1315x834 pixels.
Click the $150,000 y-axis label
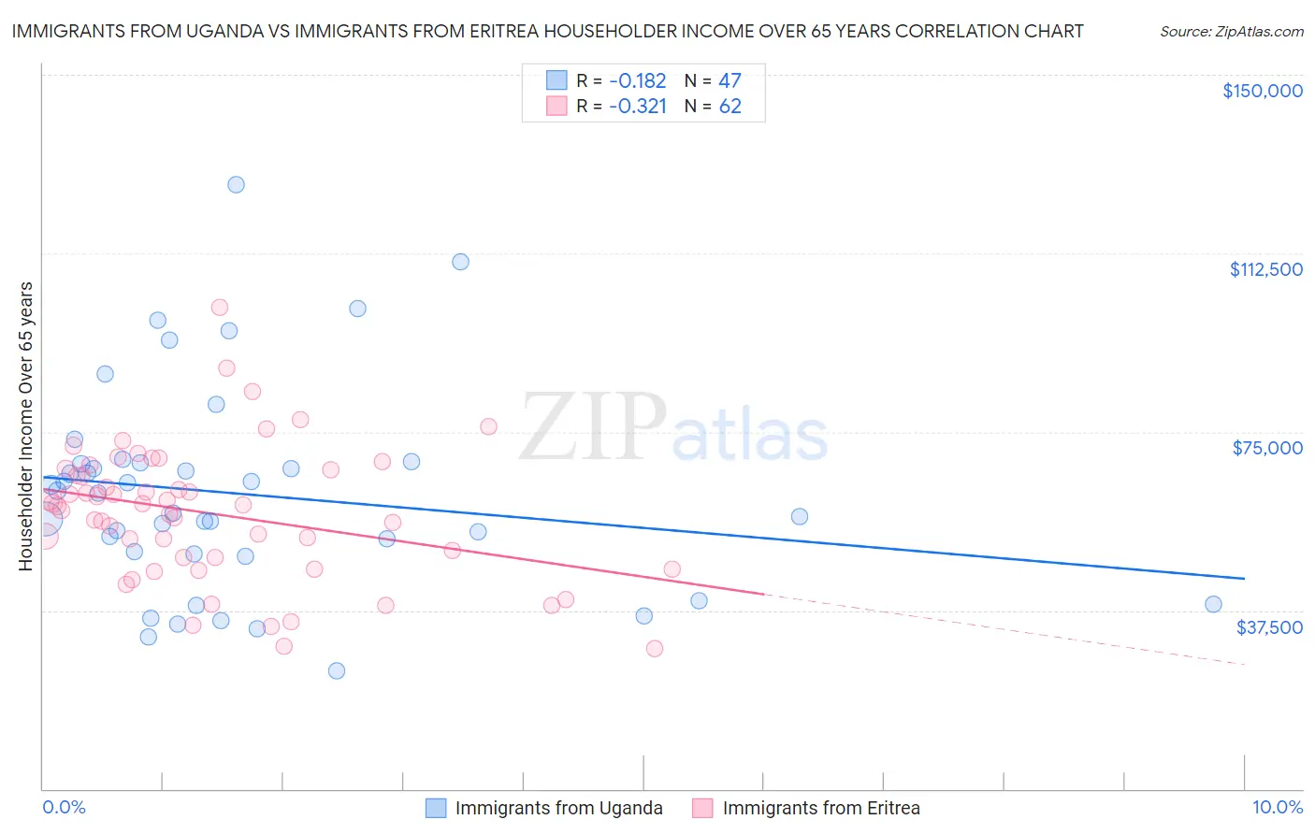(x=1262, y=91)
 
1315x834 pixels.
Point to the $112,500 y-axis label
(x=1265, y=269)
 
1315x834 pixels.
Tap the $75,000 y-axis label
(x=1267, y=448)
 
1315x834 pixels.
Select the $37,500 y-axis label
(x=1269, y=627)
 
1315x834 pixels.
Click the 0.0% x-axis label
(x=64, y=808)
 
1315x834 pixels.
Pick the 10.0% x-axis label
(x=1277, y=808)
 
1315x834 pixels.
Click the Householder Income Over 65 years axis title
(x=26, y=425)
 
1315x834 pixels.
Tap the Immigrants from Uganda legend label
(x=558, y=809)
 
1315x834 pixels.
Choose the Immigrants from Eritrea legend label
(x=820, y=809)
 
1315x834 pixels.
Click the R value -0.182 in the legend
(x=637, y=81)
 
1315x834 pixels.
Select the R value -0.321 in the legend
(x=637, y=107)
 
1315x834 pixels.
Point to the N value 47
(x=730, y=81)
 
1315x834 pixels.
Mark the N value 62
(x=730, y=107)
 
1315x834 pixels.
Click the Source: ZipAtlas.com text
(x=1231, y=32)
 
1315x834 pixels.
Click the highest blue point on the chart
(x=236, y=185)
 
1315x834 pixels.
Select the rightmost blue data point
(x=1213, y=604)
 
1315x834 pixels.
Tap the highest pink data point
(x=220, y=308)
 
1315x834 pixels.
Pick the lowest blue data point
(x=337, y=670)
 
